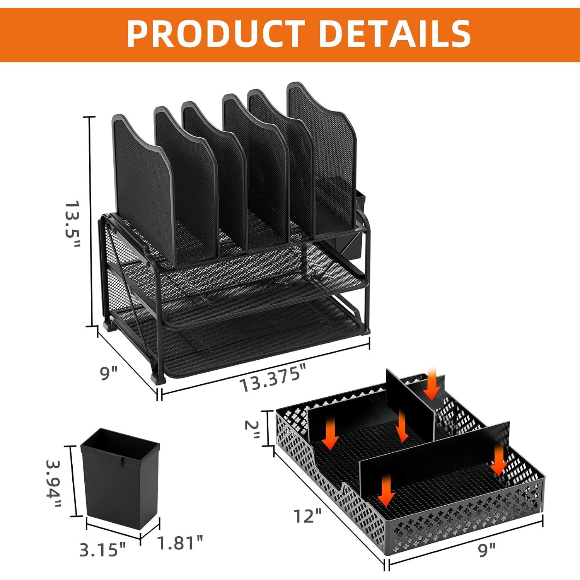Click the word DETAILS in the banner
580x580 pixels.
[395, 34]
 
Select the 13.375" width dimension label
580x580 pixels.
[273, 378]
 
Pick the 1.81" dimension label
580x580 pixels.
[180, 542]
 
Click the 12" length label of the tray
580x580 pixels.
[307, 516]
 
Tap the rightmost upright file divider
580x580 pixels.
[321, 159]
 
